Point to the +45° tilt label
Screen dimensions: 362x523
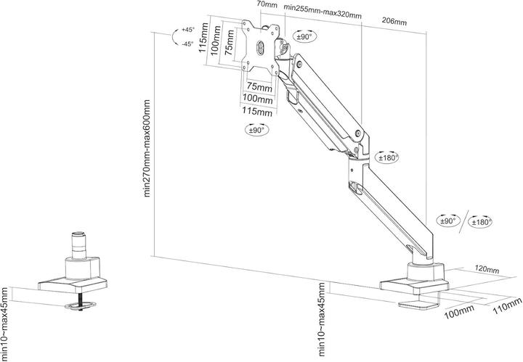[188, 30]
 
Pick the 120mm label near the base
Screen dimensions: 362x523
[487, 270]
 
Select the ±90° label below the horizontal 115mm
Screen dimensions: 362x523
[256, 130]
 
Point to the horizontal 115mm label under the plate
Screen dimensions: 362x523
[258, 112]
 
